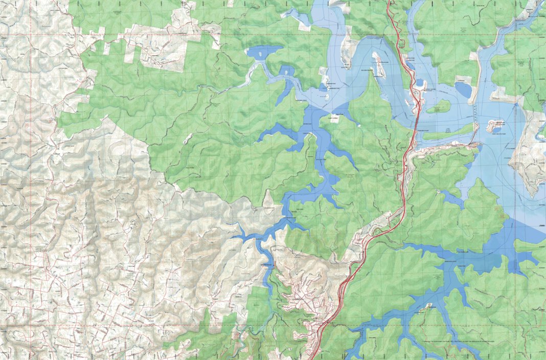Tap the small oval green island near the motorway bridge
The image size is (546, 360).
(439, 107)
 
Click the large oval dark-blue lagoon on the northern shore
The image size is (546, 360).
(463, 89)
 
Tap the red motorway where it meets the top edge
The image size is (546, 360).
(389, 3)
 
